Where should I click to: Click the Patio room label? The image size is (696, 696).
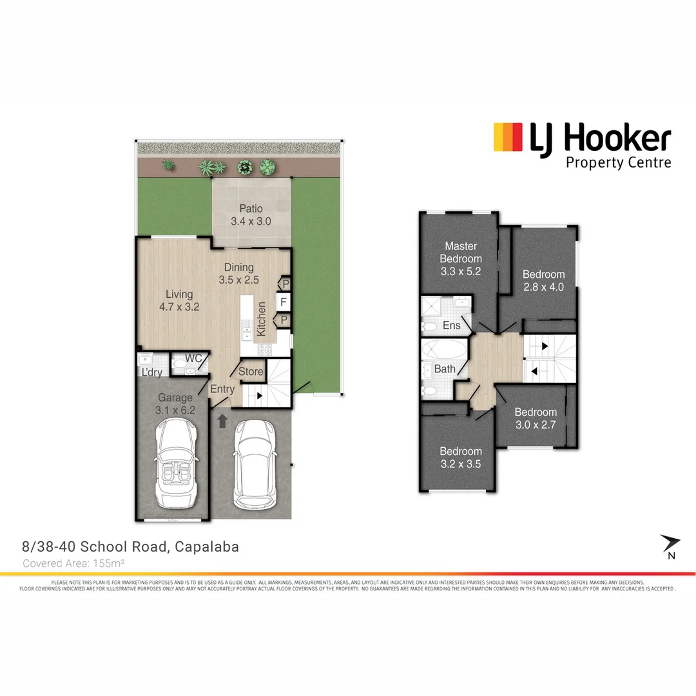[251, 215]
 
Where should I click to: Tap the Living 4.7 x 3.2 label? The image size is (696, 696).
[179, 301]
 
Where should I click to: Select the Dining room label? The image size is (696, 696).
[238, 273]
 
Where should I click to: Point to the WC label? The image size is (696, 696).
[194, 358]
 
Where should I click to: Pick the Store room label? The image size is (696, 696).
[251, 372]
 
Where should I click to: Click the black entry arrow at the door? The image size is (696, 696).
[222, 421]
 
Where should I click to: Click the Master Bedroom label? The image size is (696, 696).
[461, 258]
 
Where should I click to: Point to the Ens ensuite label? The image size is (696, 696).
[452, 325]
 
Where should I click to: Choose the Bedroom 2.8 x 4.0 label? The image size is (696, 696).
[543, 280]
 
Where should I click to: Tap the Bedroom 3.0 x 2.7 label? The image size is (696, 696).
[535, 418]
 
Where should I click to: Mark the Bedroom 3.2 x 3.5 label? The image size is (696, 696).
[461, 457]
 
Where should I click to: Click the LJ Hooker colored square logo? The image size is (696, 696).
[508, 137]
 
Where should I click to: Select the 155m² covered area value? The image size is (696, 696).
[109, 563]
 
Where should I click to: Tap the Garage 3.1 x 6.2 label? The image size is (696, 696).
[175, 403]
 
